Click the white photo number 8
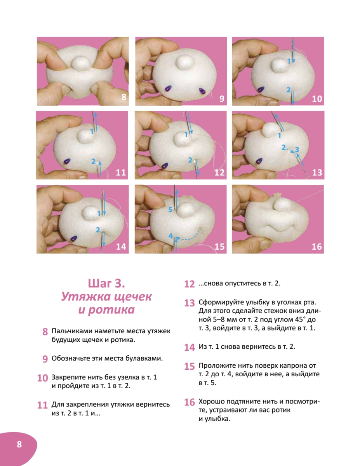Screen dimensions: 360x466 point(124,97)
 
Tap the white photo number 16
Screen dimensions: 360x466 point(317,247)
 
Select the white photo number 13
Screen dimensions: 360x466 point(317,173)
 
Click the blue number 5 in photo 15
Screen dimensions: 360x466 point(170,210)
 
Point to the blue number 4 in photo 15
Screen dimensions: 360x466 point(170,236)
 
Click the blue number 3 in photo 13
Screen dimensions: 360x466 point(297,149)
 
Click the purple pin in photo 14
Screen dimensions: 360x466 point(74,238)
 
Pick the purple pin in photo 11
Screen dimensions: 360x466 point(67,161)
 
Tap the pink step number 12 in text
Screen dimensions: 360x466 point(190,284)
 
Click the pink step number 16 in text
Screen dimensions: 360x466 point(190,402)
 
